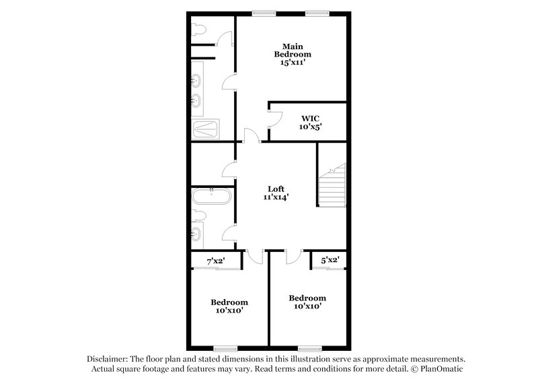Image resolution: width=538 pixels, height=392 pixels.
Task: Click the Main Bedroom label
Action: click(x=296, y=54)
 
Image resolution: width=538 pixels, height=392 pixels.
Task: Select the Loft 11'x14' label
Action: click(x=276, y=193)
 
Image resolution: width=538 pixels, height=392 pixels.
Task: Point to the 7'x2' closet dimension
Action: click(x=215, y=260)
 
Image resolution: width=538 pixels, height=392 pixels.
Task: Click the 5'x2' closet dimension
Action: click(x=330, y=259)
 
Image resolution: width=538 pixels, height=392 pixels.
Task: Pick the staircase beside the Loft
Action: click(x=332, y=187)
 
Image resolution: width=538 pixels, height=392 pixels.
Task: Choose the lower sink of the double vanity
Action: click(x=196, y=102)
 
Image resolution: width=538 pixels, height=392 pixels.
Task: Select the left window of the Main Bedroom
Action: click(x=262, y=13)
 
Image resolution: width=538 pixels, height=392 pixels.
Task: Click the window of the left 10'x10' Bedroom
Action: click(x=225, y=348)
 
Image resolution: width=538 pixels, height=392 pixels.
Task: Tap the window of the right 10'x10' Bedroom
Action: click(x=309, y=348)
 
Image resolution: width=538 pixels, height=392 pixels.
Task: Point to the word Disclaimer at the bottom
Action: click(x=109, y=359)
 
